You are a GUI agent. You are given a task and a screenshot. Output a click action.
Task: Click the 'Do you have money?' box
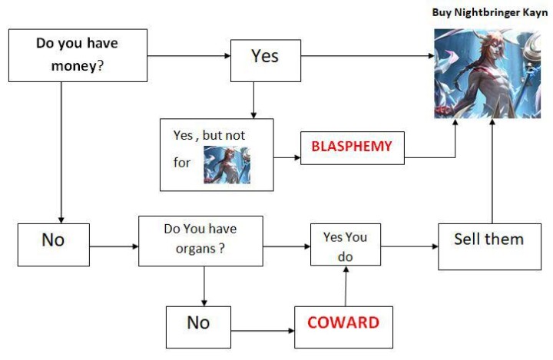tap(78, 55)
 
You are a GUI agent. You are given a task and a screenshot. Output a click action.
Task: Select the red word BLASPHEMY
tap(352, 146)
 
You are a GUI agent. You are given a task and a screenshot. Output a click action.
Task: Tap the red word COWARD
tap(343, 322)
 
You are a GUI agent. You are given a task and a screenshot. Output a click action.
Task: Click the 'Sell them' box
tap(489, 246)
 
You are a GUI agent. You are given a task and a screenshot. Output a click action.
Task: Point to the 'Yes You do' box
tap(346, 244)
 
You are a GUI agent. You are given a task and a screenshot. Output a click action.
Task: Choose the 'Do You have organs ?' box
tap(200, 241)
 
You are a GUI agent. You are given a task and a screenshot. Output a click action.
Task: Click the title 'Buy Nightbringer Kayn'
tap(490, 12)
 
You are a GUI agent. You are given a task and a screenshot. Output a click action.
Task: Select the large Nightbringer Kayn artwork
tap(487, 74)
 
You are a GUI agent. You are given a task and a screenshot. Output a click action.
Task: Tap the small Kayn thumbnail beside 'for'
tap(227, 165)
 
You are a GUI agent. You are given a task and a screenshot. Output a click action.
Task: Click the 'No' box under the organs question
tap(199, 327)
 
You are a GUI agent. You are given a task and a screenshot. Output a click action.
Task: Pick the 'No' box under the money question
tap(54, 244)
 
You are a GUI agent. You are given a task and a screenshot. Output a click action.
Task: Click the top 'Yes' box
tap(266, 61)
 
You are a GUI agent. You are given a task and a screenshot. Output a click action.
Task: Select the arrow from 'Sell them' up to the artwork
tap(492, 171)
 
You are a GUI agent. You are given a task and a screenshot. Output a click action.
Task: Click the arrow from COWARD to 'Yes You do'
tap(346, 286)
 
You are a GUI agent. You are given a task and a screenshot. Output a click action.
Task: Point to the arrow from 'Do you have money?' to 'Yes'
tap(189, 56)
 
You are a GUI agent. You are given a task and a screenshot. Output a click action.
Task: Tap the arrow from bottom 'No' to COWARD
tap(263, 331)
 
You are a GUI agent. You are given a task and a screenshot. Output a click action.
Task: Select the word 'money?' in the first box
tap(78, 66)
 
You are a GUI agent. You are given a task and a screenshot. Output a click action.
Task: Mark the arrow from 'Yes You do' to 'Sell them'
tap(409, 246)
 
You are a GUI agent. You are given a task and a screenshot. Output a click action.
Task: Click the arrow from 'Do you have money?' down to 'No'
tap(61, 153)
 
